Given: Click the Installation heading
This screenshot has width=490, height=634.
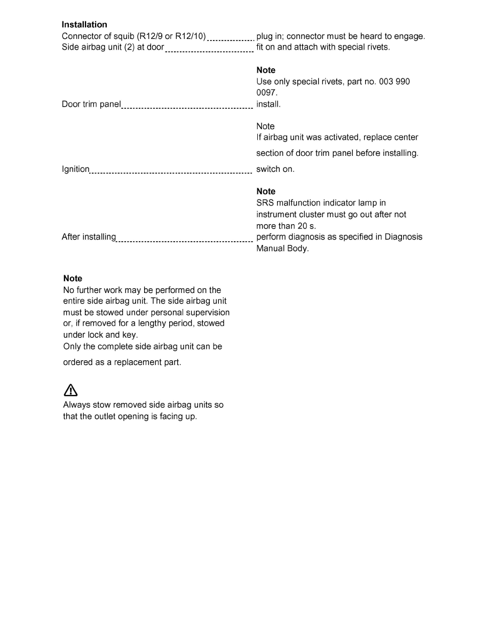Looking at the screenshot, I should tap(84, 25).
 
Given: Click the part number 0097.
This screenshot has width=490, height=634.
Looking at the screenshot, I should tap(266, 93).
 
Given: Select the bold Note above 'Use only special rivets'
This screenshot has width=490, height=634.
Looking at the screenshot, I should tap(266, 70).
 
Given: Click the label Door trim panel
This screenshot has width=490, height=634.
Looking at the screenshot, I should tap(91, 104).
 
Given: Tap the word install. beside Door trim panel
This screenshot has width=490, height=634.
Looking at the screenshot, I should tap(268, 104).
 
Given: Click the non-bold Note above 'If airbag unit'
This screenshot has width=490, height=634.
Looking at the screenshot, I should tap(265, 126).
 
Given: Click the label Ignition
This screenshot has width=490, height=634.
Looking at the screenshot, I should tap(76, 169).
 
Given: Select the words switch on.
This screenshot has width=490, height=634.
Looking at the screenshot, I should tap(275, 169).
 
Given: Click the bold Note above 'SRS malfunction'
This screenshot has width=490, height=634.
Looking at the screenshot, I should tap(266, 192).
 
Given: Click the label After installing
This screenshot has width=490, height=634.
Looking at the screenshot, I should tap(89, 237).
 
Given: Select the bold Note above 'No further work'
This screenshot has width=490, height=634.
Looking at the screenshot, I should tap(73, 279).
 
